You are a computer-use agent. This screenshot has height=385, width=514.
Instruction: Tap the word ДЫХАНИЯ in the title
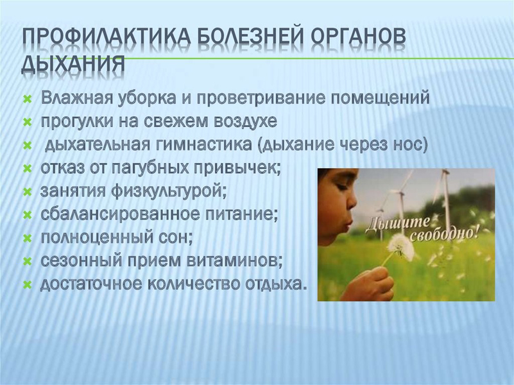[x=73, y=64]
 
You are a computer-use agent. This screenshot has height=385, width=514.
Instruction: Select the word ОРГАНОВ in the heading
[x=358, y=40]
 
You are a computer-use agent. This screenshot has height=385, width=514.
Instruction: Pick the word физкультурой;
[x=169, y=191]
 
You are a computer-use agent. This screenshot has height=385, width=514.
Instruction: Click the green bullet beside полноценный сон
[x=28, y=239]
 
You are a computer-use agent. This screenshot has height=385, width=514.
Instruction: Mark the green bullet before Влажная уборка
[x=28, y=99]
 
